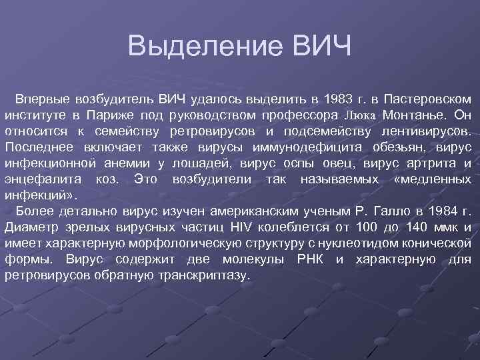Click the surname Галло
(395, 212)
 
